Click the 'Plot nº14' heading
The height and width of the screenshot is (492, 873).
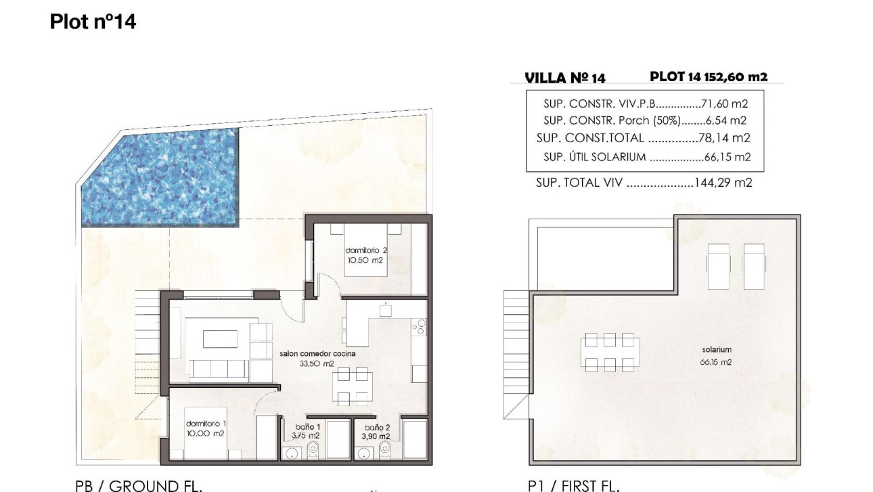click(x=93, y=22)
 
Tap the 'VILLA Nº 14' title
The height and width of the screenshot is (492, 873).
click(x=565, y=78)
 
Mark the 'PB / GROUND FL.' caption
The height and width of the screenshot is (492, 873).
click(x=138, y=485)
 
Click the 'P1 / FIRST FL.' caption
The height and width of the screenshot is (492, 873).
click(x=573, y=485)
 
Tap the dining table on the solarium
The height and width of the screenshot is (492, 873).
click(x=610, y=352)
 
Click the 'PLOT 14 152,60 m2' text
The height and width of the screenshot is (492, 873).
click(x=709, y=77)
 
